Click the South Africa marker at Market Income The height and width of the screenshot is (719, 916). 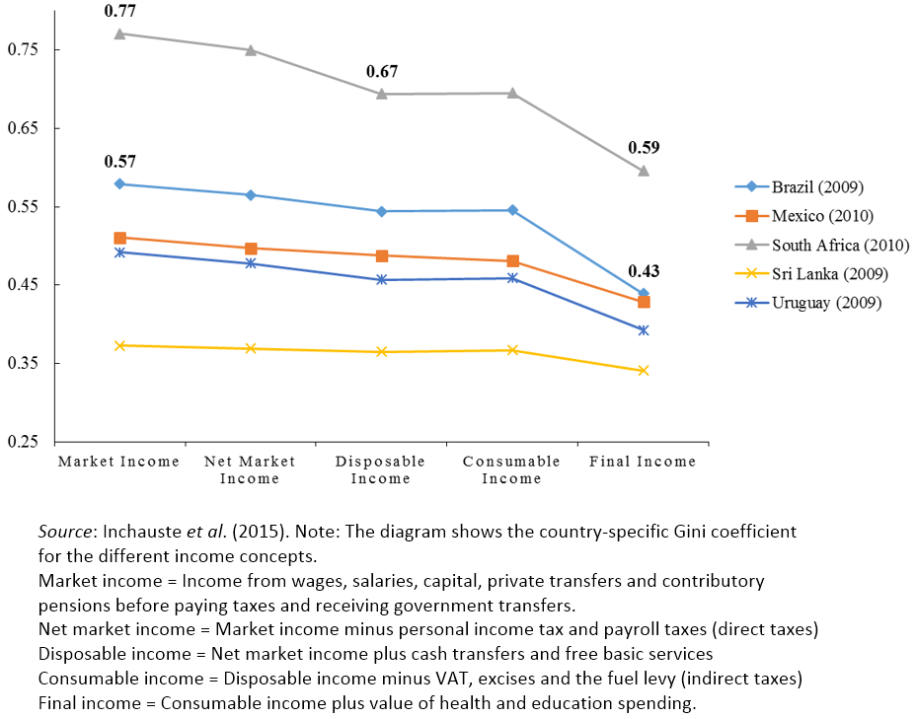tap(119, 34)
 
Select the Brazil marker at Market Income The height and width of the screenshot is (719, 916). tap(119, 184)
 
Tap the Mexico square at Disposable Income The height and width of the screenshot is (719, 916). tap(382, 255)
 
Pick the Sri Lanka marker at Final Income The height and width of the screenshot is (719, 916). tap(644, 371)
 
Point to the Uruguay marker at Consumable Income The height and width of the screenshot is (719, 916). tap(512, 278)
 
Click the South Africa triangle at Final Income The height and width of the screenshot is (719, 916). tap(644, 171)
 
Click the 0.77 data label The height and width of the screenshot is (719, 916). tap(119, 12)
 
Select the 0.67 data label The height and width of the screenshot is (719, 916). tap(381, 72)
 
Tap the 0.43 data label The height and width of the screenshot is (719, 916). tap(644, 271)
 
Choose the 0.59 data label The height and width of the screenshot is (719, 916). tap(644, 148)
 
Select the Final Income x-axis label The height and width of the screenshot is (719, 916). tap(643, 462)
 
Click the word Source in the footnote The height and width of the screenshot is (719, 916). tap(64, 532)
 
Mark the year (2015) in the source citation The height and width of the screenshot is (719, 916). tap(229, 532)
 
